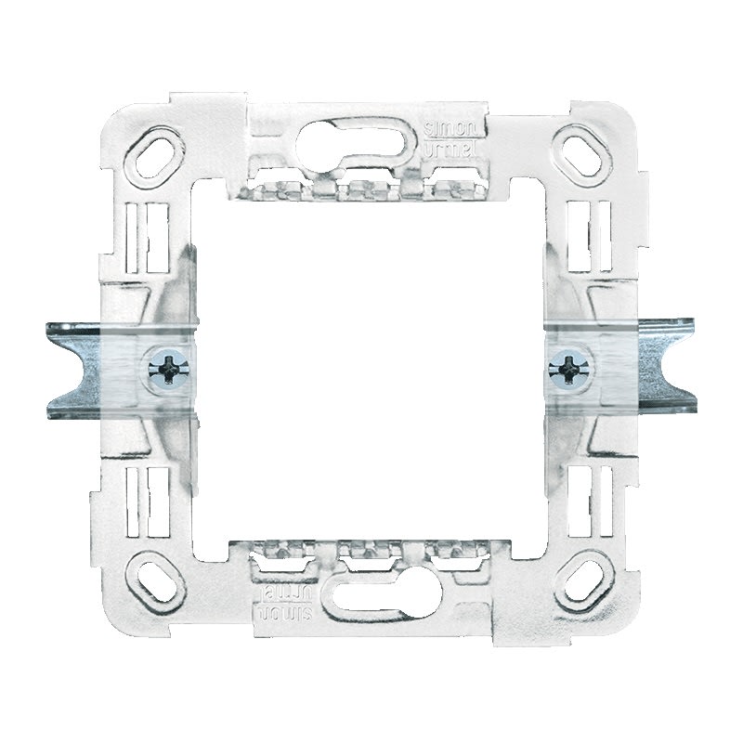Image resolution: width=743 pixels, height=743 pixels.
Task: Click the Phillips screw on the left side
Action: coord(169,370)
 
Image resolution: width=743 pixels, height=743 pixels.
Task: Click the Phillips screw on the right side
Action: coord(564,369)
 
